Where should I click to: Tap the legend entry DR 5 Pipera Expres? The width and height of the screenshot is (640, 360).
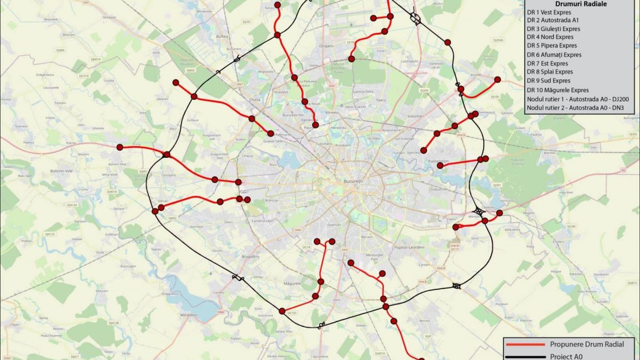[552, 46]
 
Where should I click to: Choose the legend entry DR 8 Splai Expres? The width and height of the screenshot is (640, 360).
[549, 72]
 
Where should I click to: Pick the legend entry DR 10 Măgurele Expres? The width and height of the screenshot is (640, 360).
[558, 90]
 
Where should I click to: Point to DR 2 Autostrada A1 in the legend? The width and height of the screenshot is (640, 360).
[552, 21]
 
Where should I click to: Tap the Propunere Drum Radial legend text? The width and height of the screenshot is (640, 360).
[587, 344]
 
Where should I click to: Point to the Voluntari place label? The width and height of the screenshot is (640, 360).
[416, 117]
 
